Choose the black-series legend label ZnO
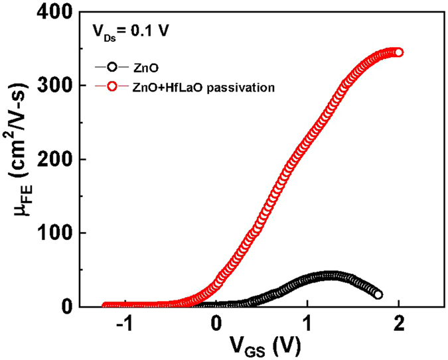click(x=141, y=66)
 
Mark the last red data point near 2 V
click(x=398, y=52)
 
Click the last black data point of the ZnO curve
click(x=378, y=294)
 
